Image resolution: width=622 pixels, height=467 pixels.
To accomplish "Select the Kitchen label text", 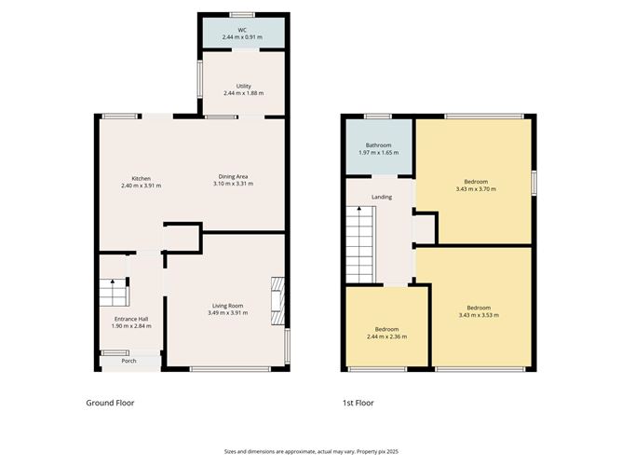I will click(141, 178).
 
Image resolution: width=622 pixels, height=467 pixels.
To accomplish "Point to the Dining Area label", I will click(233, 177).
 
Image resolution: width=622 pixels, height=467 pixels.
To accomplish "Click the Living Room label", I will click(227, 307).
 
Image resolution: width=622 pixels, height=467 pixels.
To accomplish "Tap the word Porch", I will click(128, 361).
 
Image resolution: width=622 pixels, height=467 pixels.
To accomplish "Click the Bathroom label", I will click(378, 145).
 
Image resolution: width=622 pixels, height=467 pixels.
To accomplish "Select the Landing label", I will click(381, 197).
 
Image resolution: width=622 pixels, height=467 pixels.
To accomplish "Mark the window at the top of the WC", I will click(243, 14).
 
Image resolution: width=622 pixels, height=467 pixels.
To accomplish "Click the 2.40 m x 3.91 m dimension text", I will click(141, 185).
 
